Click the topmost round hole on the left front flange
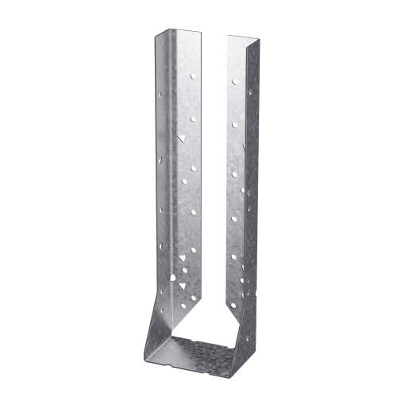click(191, 77)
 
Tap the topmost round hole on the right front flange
click(233, 81)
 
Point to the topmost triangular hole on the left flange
click(182, 137)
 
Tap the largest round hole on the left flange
click(172, 278)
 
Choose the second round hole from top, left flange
click(192, 120)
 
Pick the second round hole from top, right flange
click(233, 125)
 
